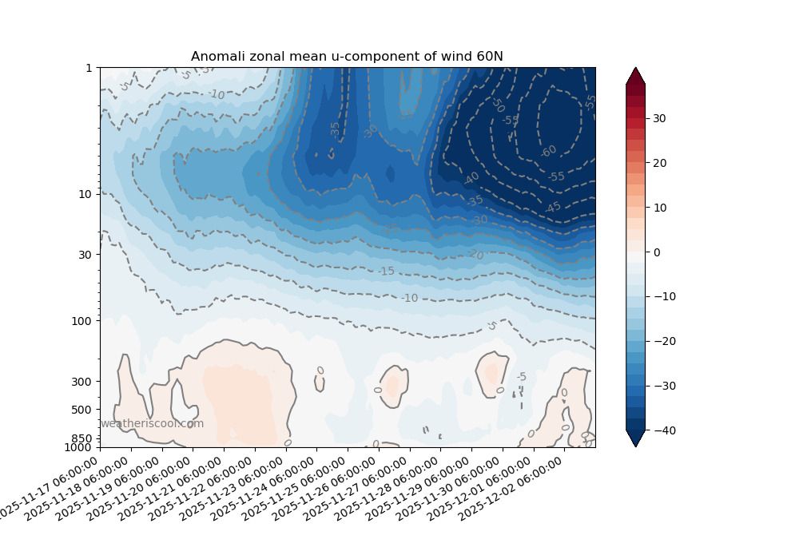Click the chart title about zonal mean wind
click(x=347, y=56)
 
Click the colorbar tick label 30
click(x=659, y=118)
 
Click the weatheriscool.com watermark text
click(x=152, y=424)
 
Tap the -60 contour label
click(x=548, y=151)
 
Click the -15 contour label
click(x=386, y=272)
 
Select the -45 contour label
click(x=553, y=208)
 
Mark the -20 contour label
click(x=476, y=255)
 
